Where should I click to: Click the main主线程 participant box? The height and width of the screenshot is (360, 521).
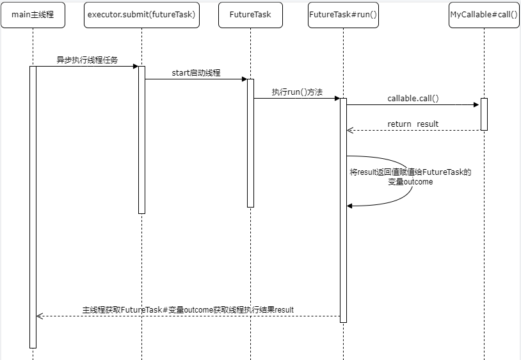33,15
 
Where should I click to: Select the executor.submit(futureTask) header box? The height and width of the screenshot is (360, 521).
141,15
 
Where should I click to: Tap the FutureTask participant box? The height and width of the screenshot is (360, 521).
250,15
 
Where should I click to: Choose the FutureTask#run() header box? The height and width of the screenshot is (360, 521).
343,15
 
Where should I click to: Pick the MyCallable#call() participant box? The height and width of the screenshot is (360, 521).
484,15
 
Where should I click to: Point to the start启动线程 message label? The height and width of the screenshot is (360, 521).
196,73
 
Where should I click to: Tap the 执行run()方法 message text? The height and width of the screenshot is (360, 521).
296,92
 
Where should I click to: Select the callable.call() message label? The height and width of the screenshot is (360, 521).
413,99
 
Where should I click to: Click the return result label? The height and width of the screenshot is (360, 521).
413,124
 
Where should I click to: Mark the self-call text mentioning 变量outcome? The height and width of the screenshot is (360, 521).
410,177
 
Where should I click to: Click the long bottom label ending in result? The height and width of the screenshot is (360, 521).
188,309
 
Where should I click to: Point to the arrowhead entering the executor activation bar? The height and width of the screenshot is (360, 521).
135,66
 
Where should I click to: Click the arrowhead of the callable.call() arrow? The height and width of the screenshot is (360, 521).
476,104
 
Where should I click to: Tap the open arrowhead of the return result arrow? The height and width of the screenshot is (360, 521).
350,130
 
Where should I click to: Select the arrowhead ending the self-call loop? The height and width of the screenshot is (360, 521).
350,206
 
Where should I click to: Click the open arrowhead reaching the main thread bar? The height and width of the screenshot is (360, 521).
40,316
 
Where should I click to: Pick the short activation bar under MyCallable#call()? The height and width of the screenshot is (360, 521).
484,114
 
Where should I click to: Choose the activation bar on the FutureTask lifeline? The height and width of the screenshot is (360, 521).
250,143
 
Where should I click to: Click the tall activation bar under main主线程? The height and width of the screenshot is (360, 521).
33,207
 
